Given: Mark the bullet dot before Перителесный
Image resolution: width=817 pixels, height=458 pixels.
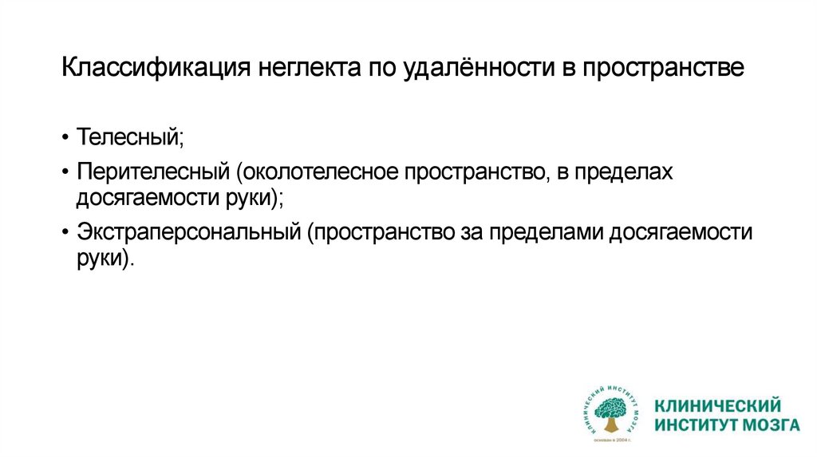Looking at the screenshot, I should [66, 175].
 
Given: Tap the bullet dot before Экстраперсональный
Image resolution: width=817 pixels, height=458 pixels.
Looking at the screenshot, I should [66, 235].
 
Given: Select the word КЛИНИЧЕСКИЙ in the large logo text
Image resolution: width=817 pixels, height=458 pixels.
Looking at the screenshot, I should [717, 405].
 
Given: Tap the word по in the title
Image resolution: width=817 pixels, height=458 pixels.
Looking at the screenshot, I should [382, 67].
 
